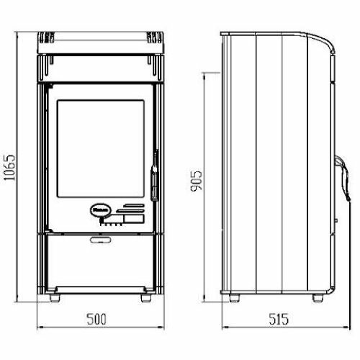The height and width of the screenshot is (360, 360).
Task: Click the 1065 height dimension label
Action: [10, 168]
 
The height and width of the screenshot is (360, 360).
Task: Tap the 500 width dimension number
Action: [96, 319]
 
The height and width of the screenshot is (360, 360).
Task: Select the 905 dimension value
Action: [196, 181]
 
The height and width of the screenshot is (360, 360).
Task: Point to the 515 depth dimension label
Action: [279, 319]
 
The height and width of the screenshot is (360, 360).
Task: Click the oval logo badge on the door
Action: [101, 210]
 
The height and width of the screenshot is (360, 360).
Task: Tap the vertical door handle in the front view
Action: [155, 175]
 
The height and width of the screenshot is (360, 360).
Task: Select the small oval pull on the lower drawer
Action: [101, 240]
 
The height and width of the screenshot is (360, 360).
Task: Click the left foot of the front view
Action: [55, 298]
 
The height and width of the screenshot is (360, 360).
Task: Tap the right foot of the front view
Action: [146, 298]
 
